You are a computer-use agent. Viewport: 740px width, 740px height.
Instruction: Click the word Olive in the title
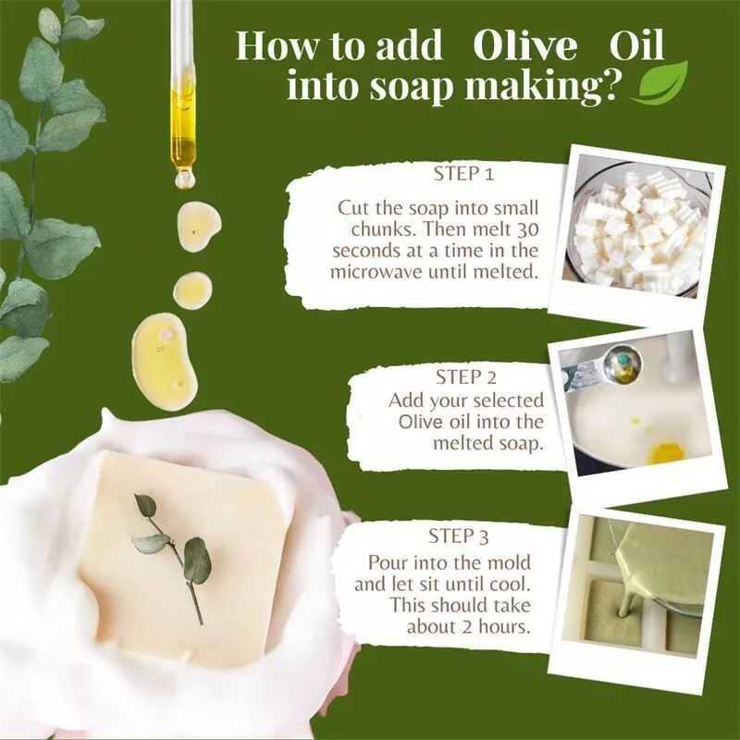coord(524,46)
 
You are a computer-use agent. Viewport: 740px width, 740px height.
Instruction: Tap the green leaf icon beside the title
coord(660,82)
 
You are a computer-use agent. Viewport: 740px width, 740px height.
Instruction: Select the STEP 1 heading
coord(463,174)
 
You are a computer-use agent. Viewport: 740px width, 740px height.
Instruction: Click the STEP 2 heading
coord(466,377)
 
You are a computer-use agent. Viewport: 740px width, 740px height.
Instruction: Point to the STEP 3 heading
coord(458,536)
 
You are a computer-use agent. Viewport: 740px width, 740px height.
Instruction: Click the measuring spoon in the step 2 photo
coord(605,366)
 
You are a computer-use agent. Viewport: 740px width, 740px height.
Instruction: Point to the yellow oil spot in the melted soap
coord(665,452)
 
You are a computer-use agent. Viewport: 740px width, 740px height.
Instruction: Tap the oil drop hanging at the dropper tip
coord(184,179)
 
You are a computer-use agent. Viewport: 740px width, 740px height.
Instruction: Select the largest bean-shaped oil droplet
coord(165,362)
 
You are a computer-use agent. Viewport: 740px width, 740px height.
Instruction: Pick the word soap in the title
coord(410,87)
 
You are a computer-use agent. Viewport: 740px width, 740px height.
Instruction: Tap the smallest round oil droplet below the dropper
coord(192,290)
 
